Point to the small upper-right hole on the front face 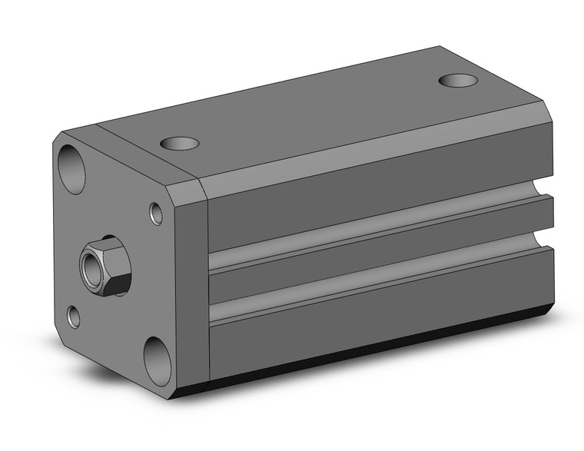pos(156,214)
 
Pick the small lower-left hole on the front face pos(74,315)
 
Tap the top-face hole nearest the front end pos(180,143)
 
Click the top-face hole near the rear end pos(458,80)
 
